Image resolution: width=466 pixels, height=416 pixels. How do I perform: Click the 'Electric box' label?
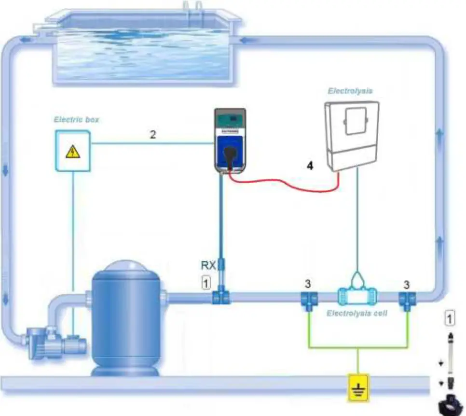click(77, 119)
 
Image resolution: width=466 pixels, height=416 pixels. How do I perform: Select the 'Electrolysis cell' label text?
click(357, 313)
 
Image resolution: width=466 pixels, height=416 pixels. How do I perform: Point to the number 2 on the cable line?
click(152, 135)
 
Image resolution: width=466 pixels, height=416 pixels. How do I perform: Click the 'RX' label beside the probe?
click(208, 265)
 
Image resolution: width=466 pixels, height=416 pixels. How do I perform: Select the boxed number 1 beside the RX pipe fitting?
click(206, 284)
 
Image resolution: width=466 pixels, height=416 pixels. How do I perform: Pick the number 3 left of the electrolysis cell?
click(307, 282)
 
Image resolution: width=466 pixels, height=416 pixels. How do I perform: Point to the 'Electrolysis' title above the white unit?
click(350, 91)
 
